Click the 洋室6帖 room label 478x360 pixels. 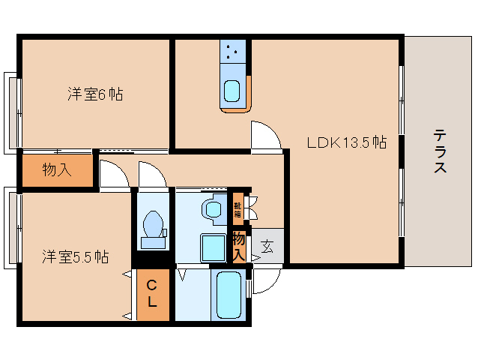(x=95, y=94)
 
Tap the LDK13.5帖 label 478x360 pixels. (x=347, y=142)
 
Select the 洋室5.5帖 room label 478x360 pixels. (x=76, y=257)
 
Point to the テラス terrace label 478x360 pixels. (x=440, y=151)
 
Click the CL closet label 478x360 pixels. (x=152, y=293)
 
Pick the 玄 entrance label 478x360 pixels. (x=267, y=247)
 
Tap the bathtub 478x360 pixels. (x=229, y=295)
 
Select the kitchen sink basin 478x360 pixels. (x=232, y=91)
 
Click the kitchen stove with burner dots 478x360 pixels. (x=233, y=52)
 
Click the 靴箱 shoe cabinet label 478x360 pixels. (x=238, y=209)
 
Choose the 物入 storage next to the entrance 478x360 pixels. (x=239, y=246)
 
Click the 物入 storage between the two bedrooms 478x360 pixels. (x=57, y=169)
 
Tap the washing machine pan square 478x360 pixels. (x=214, y=247)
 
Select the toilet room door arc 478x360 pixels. (x=153, y=175)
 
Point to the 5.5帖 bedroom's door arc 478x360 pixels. (x=115, y=174)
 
